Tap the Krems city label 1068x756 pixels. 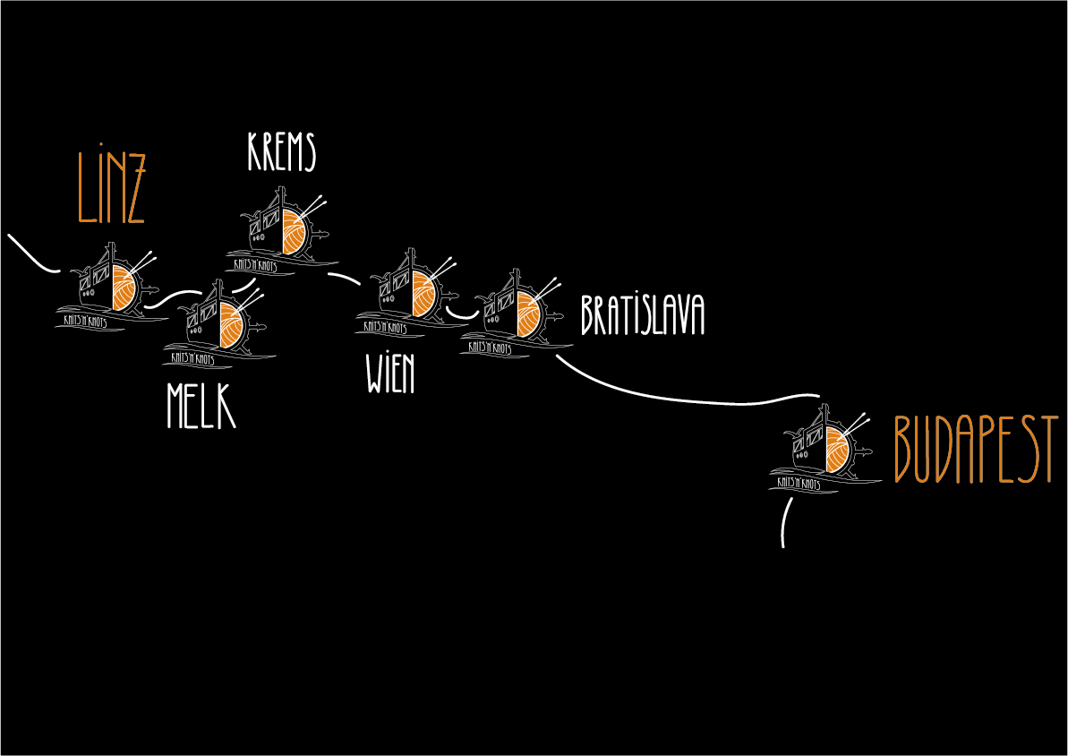click(281, 151)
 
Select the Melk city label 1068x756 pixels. click(201, 406)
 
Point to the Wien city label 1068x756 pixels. click(390, 373)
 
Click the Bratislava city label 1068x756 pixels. click(642, 315)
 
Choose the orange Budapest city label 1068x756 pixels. click(976, 450)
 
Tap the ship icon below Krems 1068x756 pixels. click(282, 230)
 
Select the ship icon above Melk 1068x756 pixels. click(219, 323)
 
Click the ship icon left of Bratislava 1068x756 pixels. click(517, 313)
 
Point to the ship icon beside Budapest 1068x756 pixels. click(824, 448)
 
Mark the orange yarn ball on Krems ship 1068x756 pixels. click(295, 233)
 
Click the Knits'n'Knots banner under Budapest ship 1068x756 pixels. click(799, 484)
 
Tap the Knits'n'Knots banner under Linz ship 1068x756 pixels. click(85, 321)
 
